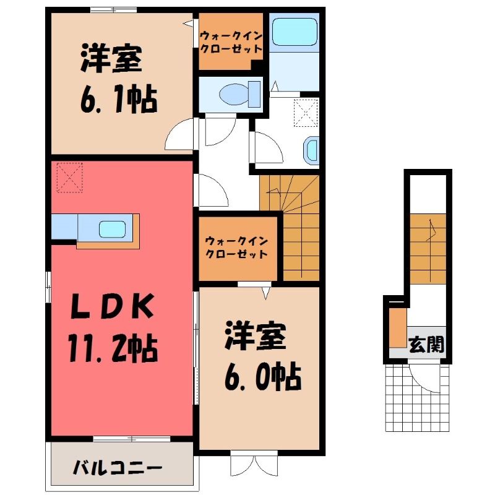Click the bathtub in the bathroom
point(295,32)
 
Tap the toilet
point(240,95)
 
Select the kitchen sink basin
point(113,229)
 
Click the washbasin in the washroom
point(311,151)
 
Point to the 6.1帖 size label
point(119,98)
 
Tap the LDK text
point(113,306)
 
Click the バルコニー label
point(118,468)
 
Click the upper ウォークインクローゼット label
point(231,42)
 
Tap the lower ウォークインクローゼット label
point(236,247)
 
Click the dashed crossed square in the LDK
point(70,178)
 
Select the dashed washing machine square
point(306,113)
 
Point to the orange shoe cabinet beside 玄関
point(398,327)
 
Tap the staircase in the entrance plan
point(428,249)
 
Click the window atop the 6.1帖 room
point(114,10)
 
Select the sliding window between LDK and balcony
point(132,439)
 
